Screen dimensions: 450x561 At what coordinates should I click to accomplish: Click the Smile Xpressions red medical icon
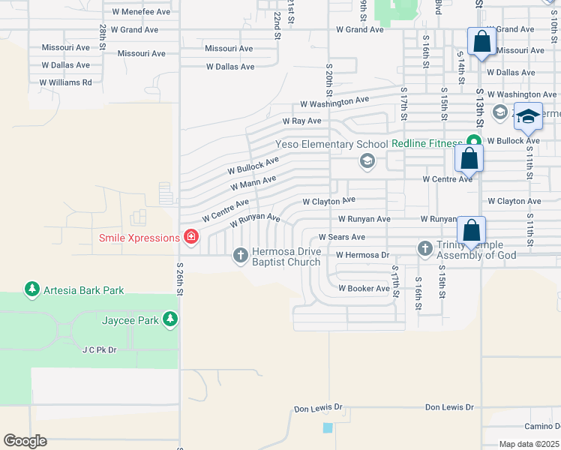point(190,238)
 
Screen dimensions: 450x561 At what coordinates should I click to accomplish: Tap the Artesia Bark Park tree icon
point(31,289)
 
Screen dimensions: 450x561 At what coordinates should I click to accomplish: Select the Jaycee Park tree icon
point(170,320)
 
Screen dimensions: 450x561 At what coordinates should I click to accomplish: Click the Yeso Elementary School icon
point(367,160)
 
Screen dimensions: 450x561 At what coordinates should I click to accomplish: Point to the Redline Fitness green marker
point(473,142)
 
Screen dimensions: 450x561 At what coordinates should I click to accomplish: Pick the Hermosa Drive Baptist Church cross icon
point(241,256)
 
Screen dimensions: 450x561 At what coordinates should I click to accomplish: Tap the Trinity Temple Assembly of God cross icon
point(425,247)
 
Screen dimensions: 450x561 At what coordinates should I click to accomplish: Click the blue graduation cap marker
point(528,118)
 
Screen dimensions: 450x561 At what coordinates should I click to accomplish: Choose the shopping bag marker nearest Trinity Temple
point(471,231)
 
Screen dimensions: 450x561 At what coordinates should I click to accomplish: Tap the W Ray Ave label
point(301,121)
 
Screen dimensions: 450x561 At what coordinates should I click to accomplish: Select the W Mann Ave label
point(253,182)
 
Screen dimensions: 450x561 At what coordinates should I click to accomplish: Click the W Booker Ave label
point(364,288)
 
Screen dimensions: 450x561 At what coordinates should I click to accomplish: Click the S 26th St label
point(180,274)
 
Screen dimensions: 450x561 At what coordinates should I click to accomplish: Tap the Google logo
point(25,441)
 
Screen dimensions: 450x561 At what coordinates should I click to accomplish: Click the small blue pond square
point(328,427)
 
